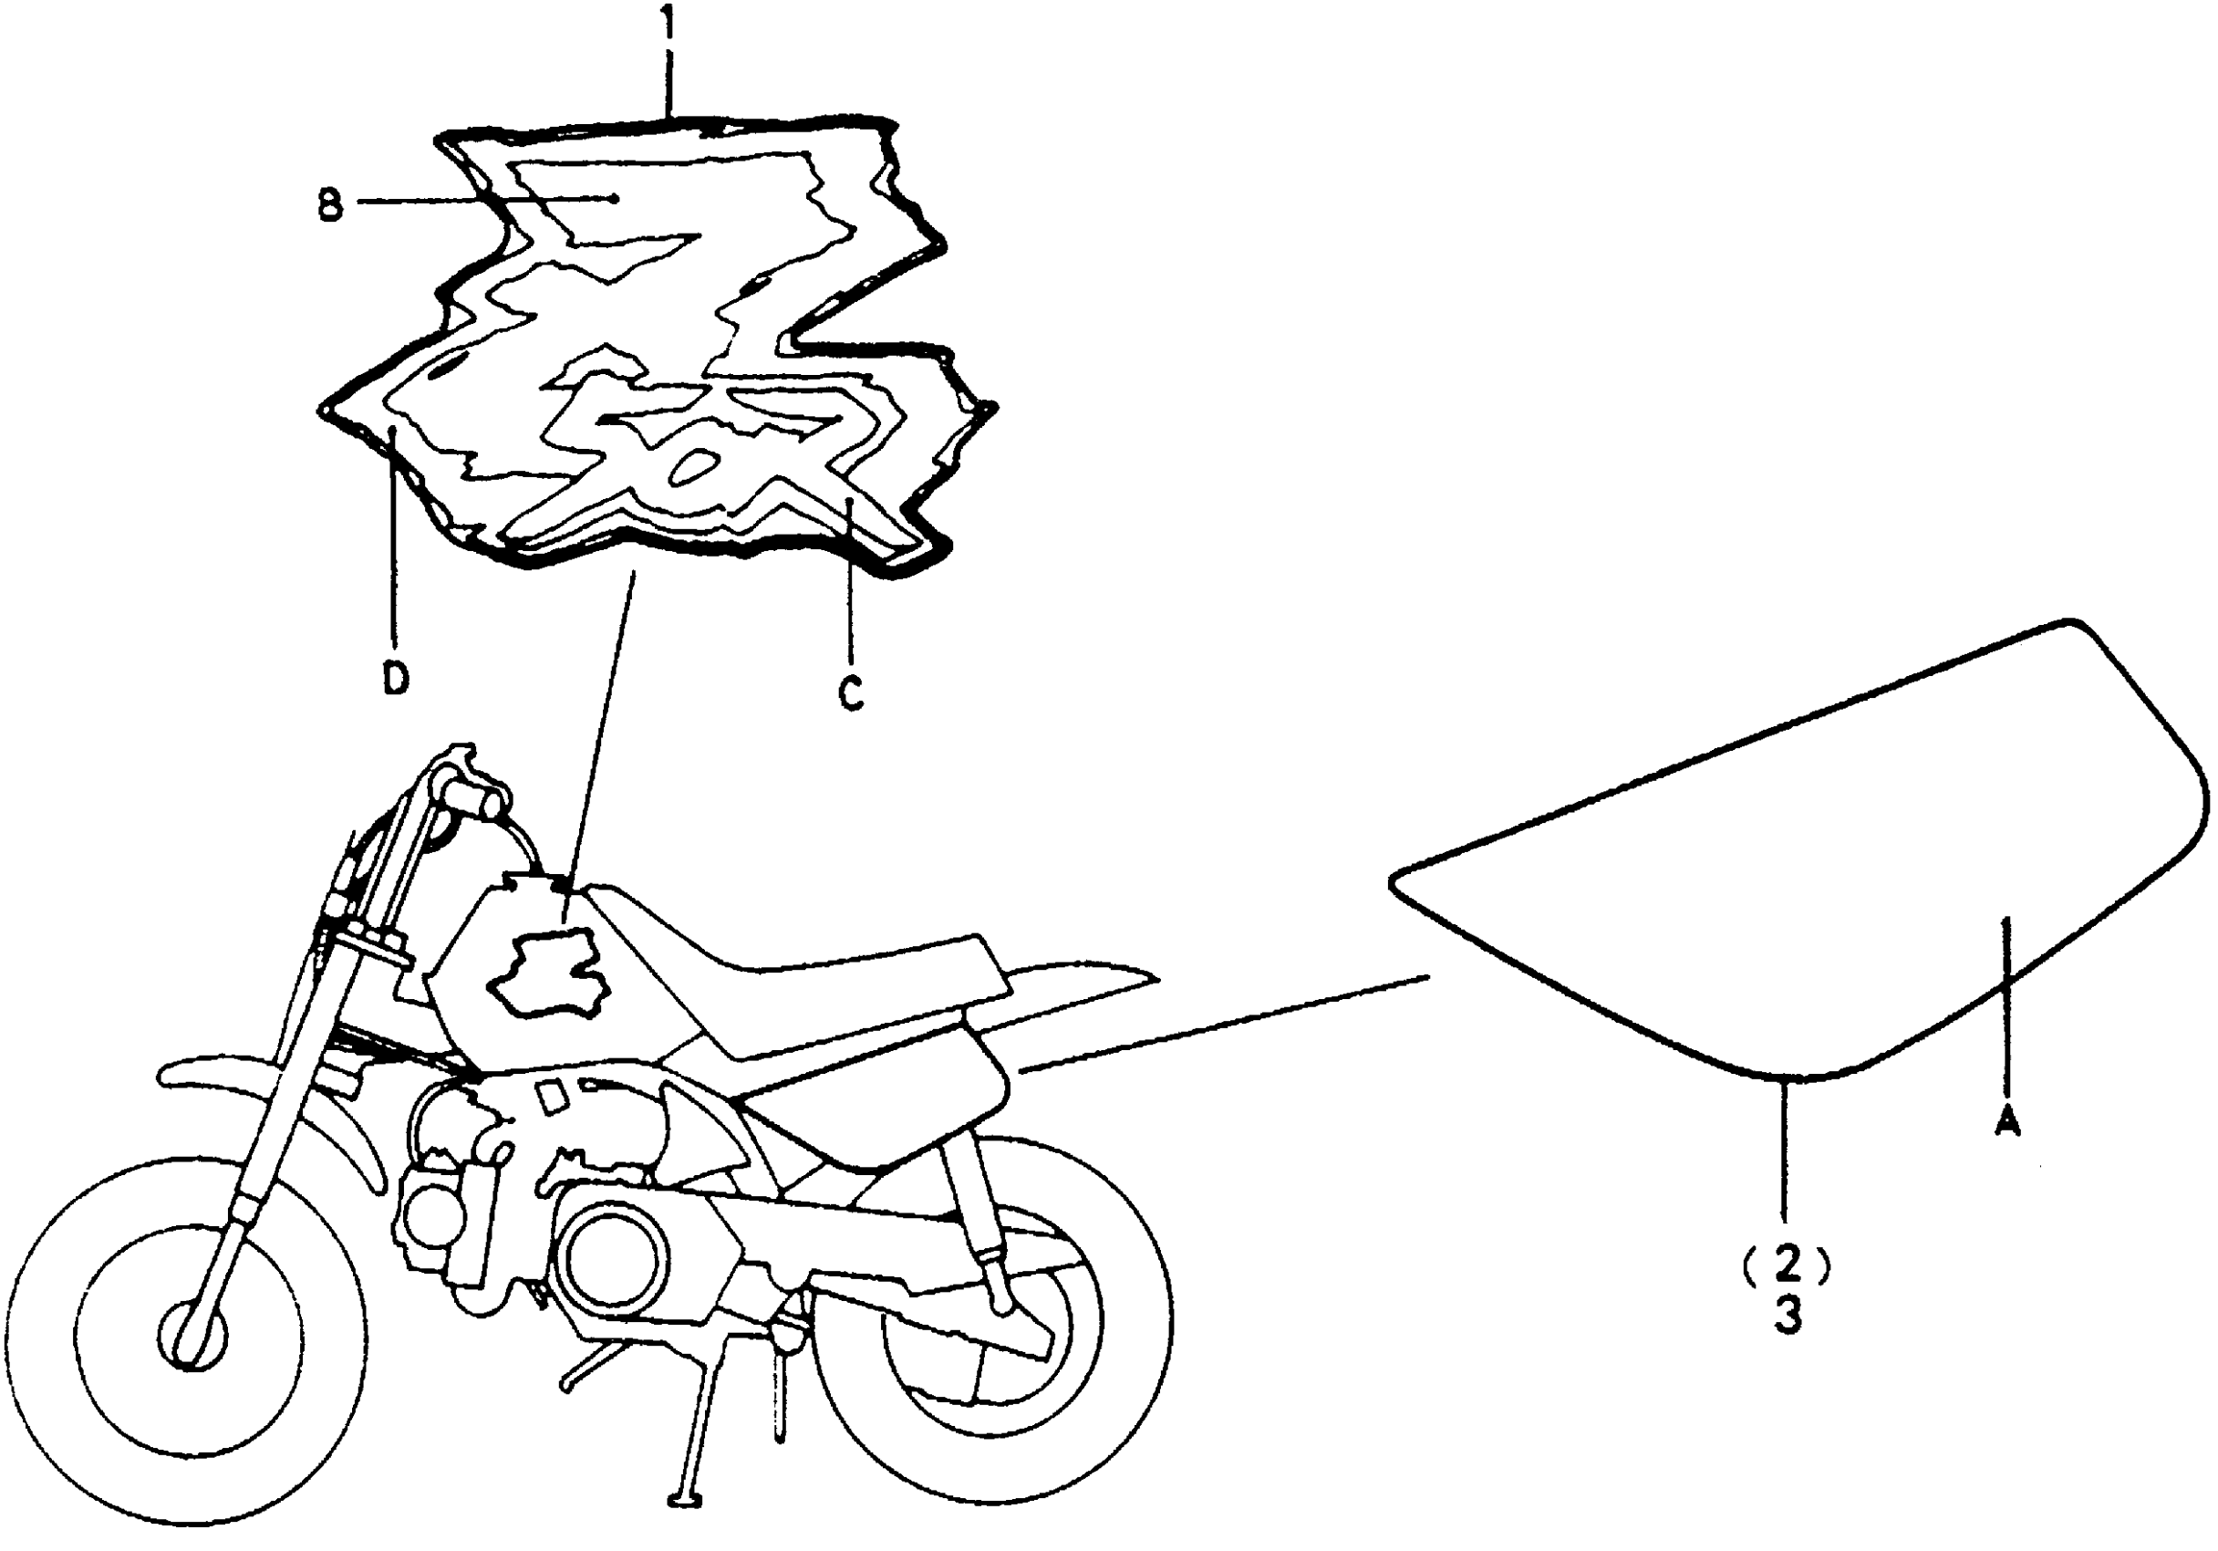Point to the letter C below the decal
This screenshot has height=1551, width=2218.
coord(849,692)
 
